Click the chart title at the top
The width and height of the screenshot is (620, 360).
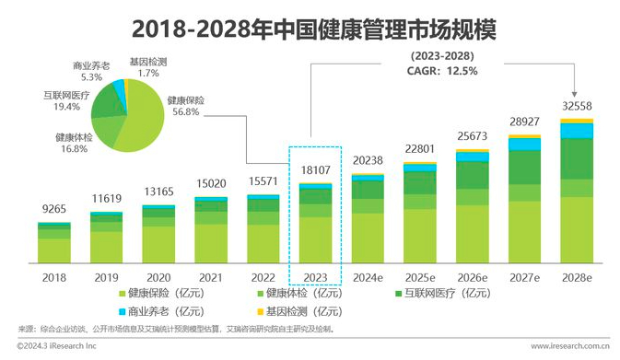click(313, 29)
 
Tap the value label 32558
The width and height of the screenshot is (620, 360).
click(577, 106)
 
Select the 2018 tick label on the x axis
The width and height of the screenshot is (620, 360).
click(54, 277)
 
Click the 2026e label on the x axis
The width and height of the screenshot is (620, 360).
click(472, 277)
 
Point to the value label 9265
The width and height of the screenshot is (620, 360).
click(54, 209)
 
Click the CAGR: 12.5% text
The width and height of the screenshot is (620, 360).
click(442, 71)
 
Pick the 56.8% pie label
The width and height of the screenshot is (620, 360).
click(185, 111)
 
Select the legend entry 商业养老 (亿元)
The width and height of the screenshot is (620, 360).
click(161, 311)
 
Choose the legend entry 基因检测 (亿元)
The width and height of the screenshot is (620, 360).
click(299, 311)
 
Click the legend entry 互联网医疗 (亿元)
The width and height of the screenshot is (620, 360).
click(443, 293)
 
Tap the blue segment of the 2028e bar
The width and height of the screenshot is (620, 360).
click(577, 131)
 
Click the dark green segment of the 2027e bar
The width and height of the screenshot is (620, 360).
click(524, 168)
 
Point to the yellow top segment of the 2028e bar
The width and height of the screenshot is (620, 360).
click(577, 121)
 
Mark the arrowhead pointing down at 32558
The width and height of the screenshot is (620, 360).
click(574, 95)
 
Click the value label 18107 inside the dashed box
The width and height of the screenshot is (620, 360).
click(316, 170)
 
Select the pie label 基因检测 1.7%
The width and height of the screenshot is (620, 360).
click(148, 67)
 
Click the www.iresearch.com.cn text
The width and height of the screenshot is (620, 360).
click(570, 346)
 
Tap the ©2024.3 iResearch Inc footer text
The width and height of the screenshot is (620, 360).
click(56, 346)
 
